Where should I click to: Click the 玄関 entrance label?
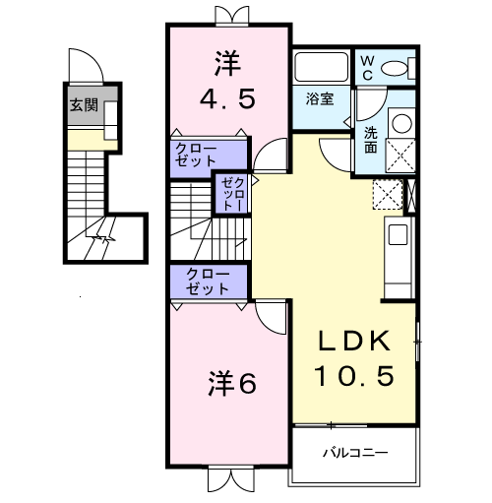[83, 105]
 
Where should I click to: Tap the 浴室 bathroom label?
[320, 99]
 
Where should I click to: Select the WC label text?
[366, 67]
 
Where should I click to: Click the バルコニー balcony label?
[354, 454]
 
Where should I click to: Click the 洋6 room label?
[231, 384]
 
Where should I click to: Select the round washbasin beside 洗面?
[400, 124]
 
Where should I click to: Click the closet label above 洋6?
[207, 282]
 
